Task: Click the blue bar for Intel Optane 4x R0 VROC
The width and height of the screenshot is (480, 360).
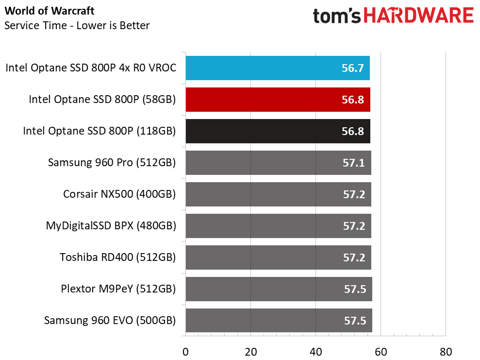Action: pyautogui.click(x=278, y=68)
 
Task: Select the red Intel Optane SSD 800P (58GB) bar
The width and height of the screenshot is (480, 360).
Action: pyautogui.click(x=278, y=100)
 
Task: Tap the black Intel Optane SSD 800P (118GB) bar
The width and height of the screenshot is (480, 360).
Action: pyautogui.click(x=278, y=131)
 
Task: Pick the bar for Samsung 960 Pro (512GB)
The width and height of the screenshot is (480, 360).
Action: pyautogui.click(x=278, y=163)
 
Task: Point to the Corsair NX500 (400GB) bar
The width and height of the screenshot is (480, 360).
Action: pyautogui.click(x=278, y=194)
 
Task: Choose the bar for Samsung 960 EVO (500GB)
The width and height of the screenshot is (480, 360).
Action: pyautogui.click(x=279, y=321)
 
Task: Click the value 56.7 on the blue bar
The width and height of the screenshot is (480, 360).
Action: pyautogui.click(x=353, y=68)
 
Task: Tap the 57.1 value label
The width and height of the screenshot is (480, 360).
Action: pyautogui.click(x=354, y=163)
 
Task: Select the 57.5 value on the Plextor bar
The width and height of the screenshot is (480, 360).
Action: pyautogui.click(x=355, y=289)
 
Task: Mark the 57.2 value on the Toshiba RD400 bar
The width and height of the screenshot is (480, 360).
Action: pyautogui.click(x=354, y=257)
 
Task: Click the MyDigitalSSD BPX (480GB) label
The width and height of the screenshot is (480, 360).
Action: pyautogui.click(x=111, y=225)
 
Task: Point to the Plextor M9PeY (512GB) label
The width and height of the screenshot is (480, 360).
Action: pyautogui.click(x=118, y=289)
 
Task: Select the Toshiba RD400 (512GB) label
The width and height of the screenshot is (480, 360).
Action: pyautogui.click(x=117, y=257)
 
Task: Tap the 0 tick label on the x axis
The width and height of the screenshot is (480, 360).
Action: pyautogui.click(x=185, y=352)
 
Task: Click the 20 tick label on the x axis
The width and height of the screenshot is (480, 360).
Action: pyautogui.click(x=251, y=352)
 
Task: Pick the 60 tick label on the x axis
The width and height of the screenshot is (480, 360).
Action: pyautogui.click(x=381, y=352)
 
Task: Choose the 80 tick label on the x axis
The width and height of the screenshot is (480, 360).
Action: pyautogui.click(x=446, y=352)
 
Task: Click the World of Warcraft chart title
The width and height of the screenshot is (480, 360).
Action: pyautogui.click(x=50, y=11)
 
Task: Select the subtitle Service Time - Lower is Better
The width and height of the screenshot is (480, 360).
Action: pyautogui.click(x=77, y=25)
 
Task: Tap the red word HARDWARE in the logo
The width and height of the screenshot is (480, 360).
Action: pyautogui.click(x=419, y=16)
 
